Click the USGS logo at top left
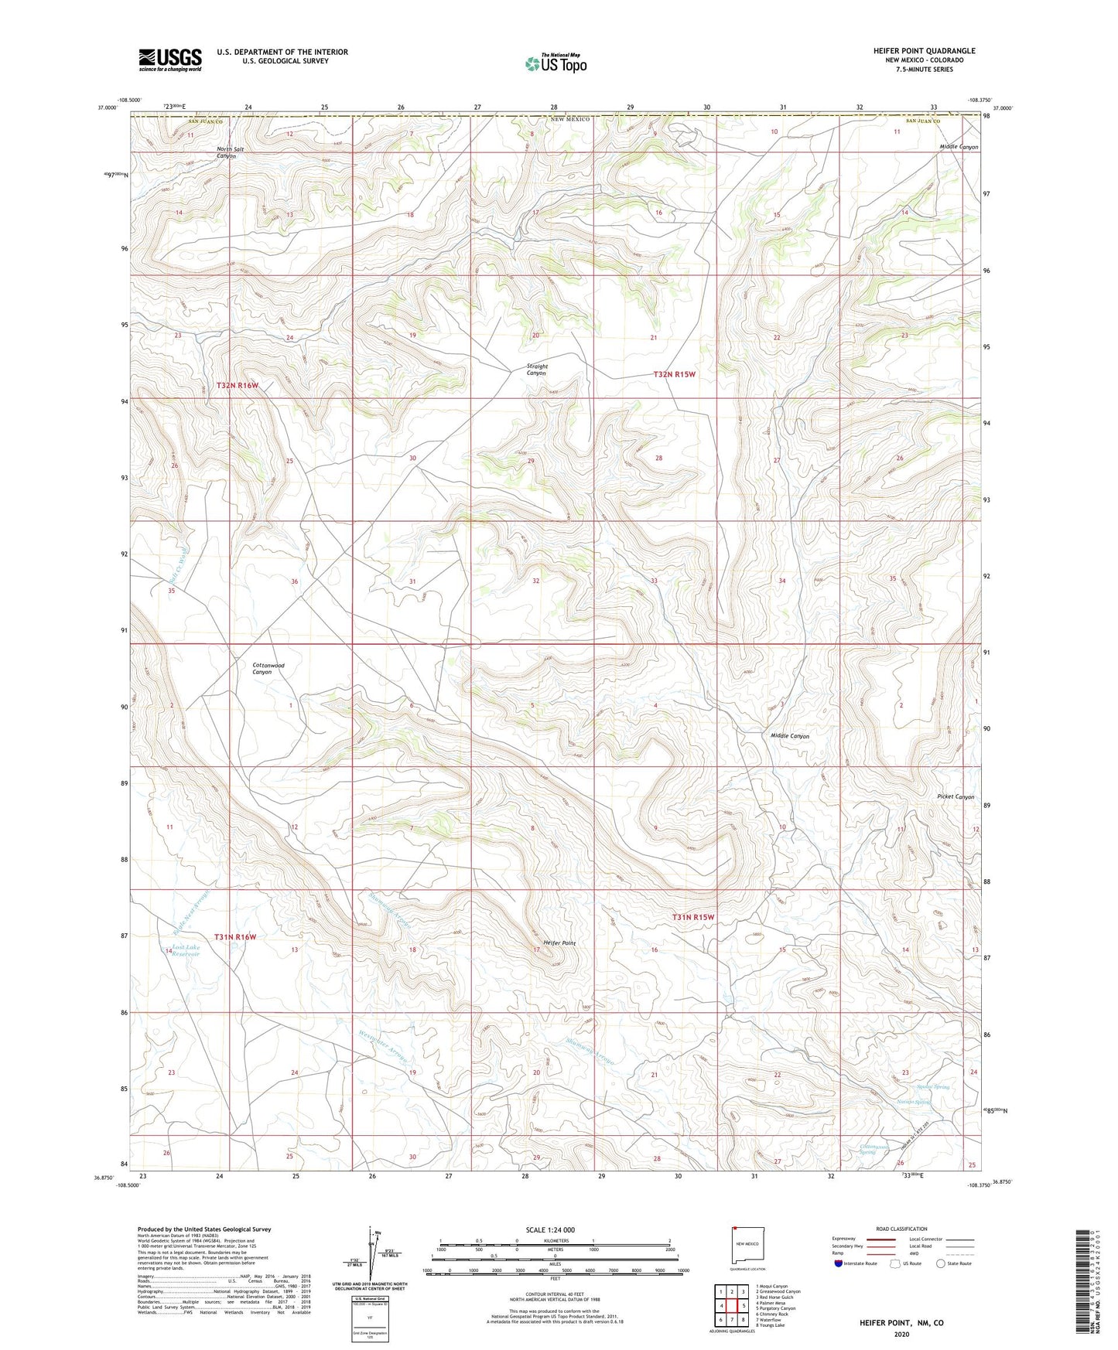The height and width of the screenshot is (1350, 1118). pyautogui.click(x=170, y=60)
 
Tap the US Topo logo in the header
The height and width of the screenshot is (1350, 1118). pyautogui.click(x=555, y=63)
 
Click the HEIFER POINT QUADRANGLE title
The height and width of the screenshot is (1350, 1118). pyautogui.click(x=924, y=51)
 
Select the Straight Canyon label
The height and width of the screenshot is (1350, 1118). pyautogui.click(x=536, y=370)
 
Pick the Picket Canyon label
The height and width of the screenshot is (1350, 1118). pyautogui.click(x=955, y=796)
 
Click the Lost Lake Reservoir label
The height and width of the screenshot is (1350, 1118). pyautogui.click(x=186, y=950)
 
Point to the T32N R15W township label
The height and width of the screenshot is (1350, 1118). pyautogui.click(x=674, y=374)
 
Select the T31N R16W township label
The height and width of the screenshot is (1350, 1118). pyautogui.click(x=235, y=937)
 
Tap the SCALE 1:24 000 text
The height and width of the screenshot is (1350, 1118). pyautogui.click(x=550, y=1229)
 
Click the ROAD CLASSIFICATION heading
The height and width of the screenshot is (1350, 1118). pyautogui.click(x=901, y=1229)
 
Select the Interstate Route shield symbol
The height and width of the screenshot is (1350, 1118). pyautogui.click(x=838, y=1263)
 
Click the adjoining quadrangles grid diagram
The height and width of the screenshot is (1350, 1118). pyautogui.click(x=731, y=1306)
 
